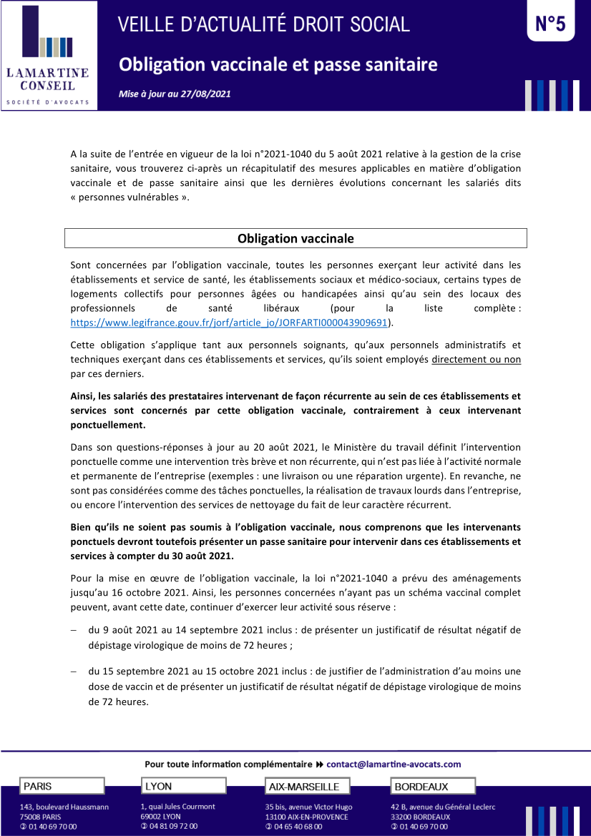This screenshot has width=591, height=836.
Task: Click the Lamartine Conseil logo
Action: tap(48, 55)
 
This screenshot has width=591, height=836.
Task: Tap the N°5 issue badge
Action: tap(550, 24)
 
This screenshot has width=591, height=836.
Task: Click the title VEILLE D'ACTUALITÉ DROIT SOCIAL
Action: tap(264, 25)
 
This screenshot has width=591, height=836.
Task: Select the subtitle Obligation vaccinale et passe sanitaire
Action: tap(278, 65)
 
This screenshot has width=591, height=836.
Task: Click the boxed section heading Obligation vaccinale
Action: tap(295, 238)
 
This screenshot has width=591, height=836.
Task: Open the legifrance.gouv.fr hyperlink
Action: tap(229, 323)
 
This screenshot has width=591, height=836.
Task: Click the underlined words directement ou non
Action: tap(476, 359)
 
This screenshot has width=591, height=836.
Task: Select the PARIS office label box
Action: tap(62, 786)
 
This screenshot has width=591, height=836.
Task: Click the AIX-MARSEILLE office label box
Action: tap(307, 787)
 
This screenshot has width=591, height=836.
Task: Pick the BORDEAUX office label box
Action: tap(433, 787)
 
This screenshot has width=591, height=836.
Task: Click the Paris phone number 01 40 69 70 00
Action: tap(53, 826)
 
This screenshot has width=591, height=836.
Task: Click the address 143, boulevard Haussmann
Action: tap(64, 807)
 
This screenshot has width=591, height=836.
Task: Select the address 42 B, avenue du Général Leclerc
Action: tap(443, 807)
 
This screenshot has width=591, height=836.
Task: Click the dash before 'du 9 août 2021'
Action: tap(74, 630)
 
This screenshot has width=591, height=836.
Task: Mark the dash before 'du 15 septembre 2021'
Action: tap(74, 672)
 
